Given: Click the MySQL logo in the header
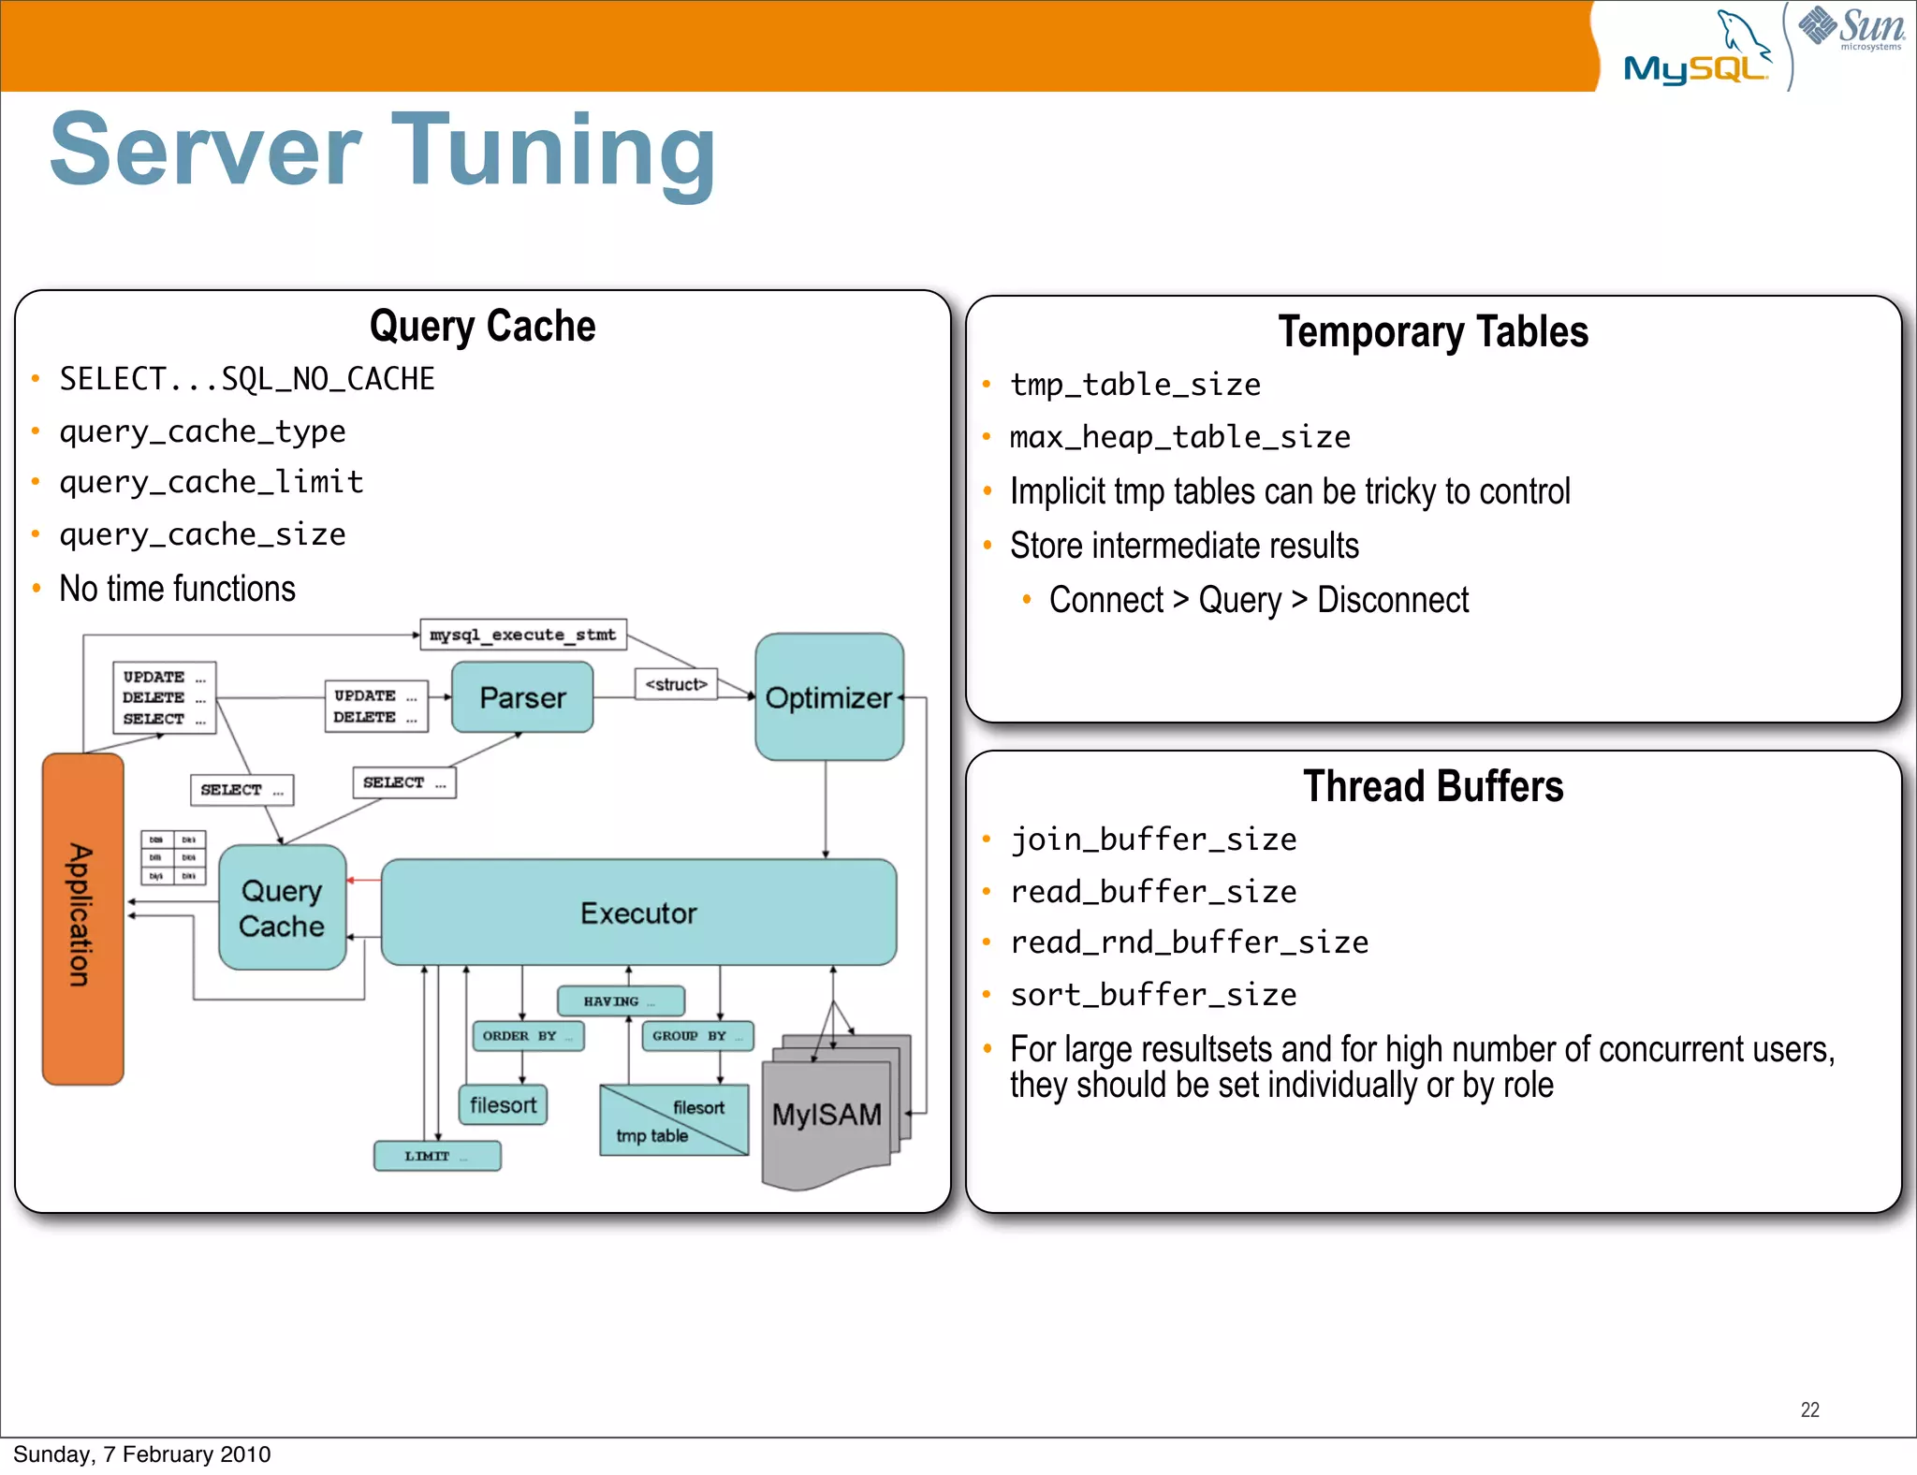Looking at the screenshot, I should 1696,56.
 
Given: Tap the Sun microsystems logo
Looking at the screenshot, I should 1851,28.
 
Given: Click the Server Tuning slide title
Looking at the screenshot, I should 383,150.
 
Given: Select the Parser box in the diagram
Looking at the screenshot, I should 522,697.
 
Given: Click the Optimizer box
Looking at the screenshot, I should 828,697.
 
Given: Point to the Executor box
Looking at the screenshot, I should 638,913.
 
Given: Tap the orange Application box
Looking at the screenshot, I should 82,917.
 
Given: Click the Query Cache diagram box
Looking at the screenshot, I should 282,908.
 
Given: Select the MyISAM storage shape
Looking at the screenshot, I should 827,1114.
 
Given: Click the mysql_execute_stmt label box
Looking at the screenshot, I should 522,635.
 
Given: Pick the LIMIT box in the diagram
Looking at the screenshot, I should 437,1156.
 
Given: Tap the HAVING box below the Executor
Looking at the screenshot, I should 621,1000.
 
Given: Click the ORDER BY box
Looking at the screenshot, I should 528,1035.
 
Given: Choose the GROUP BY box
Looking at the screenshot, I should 697,1035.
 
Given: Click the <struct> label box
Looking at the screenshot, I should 676,684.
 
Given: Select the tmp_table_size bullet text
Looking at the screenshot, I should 1134,385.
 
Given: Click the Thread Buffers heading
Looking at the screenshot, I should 1433,786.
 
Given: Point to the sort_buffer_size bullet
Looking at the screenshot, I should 1153,995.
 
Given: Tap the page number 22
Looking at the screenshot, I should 1809,1409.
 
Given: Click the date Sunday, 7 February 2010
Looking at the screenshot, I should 142,1454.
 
